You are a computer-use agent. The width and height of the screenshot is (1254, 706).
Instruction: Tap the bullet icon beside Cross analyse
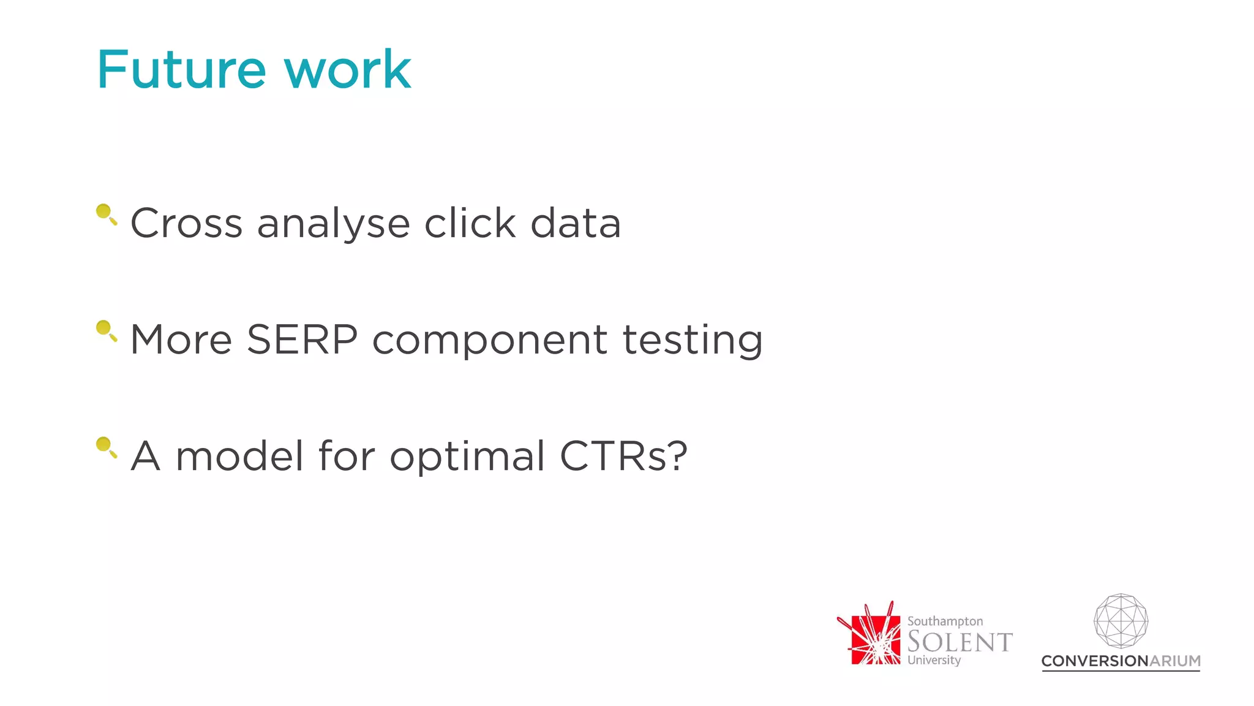point(106,214)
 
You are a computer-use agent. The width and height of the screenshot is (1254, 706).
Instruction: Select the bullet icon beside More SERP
point(106,330)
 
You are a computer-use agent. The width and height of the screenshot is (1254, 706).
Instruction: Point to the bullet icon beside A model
point(106,447)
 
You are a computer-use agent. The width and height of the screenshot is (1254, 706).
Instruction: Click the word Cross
point(187,223)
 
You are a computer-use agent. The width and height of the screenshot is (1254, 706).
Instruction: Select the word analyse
point(333,224)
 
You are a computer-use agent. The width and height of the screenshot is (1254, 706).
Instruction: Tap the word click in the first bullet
point(470,223)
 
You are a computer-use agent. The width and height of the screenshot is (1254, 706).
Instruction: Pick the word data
point(576,223)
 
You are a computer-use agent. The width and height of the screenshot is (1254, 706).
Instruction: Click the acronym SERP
point(302,340)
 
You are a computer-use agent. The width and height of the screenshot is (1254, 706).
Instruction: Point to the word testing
point(693,341)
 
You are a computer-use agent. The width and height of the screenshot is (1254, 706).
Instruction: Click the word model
point(239,456)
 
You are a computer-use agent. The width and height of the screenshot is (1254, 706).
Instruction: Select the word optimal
point(467,457)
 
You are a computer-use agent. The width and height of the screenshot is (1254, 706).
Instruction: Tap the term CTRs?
point(623,456)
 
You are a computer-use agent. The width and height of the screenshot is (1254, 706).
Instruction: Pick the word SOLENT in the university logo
point(959,642)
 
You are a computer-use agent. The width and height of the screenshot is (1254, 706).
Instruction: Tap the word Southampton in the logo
point(945,621)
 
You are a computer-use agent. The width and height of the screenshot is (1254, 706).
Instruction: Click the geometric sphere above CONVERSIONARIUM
point(1121,621)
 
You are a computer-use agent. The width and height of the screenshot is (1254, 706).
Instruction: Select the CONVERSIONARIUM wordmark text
point(1121,661)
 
